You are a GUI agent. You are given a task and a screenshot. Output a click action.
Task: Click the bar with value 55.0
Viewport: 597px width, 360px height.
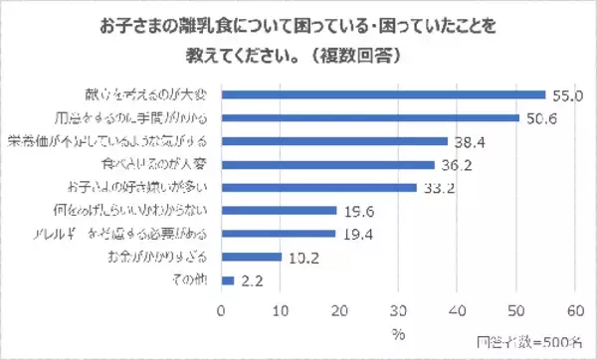click(383, 94)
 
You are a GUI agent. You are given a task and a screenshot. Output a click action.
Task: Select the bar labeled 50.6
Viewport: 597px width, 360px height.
click(370, 117)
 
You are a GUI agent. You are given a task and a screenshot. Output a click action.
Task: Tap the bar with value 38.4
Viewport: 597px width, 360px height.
click(334, 140)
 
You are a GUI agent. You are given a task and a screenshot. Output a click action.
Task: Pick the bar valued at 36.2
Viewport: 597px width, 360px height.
click(327, 163)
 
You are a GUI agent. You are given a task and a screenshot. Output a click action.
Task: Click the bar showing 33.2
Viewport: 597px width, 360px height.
click(318, 186)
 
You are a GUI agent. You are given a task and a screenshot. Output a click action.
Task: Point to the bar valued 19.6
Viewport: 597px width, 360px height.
click(279, 210)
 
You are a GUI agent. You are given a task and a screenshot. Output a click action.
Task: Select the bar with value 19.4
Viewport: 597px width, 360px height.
click(278, 233)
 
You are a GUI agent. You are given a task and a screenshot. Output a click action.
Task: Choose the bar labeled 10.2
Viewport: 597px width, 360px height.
click(251, 256)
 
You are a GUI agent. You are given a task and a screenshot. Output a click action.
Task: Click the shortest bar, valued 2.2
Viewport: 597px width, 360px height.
click(227, 279)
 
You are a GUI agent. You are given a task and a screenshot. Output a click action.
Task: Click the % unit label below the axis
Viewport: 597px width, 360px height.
click(398, 331)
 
